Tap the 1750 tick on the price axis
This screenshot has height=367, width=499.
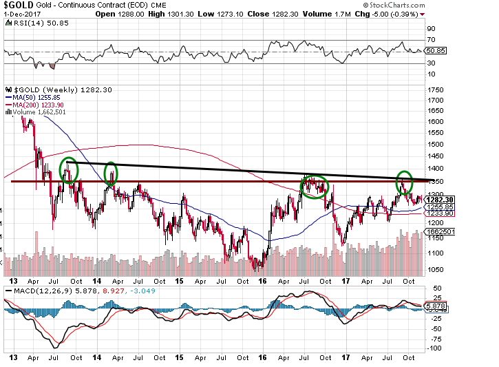tap(435, 90)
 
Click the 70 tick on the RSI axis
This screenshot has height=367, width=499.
tap(431, 41)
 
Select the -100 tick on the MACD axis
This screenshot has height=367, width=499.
tap(435, 348)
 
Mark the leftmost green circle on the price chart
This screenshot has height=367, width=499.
tap(69, 169)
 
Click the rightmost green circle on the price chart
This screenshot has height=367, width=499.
tap(404, 182)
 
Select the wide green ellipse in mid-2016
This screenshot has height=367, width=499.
tap(315, 187)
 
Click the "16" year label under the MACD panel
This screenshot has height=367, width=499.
tap(262, 358)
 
